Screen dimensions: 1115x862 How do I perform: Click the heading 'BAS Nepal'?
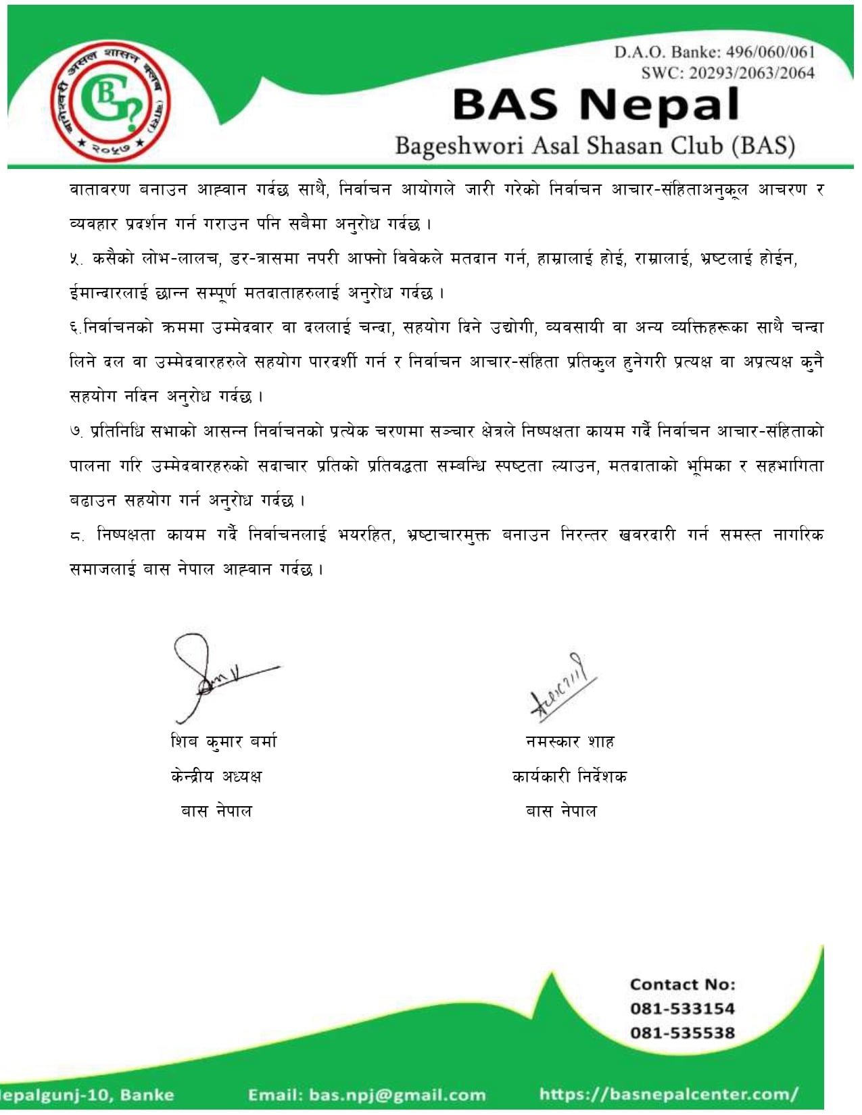point(596,105)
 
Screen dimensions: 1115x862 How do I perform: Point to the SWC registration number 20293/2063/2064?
point(752,73)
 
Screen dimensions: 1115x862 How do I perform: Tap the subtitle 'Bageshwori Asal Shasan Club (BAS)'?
point(595,145)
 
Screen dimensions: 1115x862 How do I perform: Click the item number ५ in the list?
point(76,259)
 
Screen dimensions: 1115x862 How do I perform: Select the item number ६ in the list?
point(74,328)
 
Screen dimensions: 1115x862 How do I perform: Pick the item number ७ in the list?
point(76,432)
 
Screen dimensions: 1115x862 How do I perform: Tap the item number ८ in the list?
point(76,536)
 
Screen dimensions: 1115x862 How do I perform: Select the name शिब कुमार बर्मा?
point(224,741)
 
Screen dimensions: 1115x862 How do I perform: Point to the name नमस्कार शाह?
point(570,741)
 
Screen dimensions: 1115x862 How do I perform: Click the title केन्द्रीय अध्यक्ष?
point(216,776)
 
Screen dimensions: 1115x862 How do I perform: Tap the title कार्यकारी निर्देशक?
point(569,776)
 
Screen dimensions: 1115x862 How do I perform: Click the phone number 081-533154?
point(682,1008)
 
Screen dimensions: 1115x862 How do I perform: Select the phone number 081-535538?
point(682,1033)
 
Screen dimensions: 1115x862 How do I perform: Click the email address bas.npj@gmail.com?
point(397,1095)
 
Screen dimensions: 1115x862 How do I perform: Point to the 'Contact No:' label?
point(682,985)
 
